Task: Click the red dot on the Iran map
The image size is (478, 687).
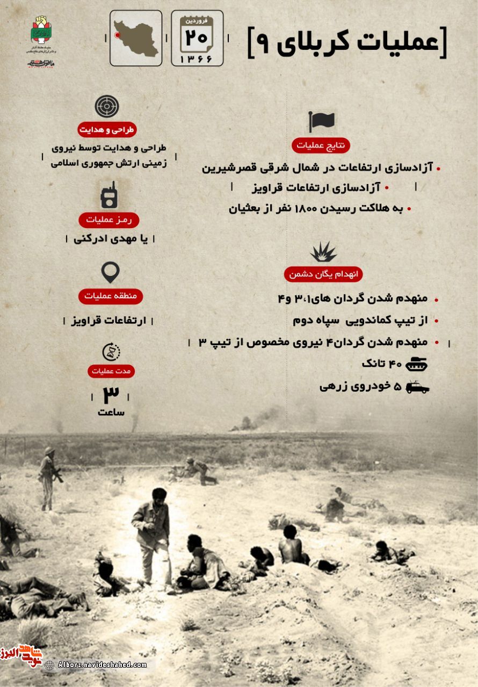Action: (117, 35)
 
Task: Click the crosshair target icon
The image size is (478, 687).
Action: (107, 106)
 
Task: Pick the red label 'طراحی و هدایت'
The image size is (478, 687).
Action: (107, 129)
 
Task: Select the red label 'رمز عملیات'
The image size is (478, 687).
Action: (109, 220)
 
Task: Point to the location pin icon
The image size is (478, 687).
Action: (110, 272)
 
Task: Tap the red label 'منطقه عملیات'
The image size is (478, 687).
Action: (111, 296)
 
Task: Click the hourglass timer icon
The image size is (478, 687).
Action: (111, 352)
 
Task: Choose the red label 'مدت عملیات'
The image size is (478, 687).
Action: (112, 371)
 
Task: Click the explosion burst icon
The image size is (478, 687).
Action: (323, 252)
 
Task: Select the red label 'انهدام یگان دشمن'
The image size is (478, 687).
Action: (323, 274)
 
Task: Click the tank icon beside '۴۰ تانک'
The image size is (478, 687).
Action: (416, 364)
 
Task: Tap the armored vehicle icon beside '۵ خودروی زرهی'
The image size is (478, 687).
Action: (417, 387)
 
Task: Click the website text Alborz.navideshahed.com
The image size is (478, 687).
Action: (102, 665)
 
